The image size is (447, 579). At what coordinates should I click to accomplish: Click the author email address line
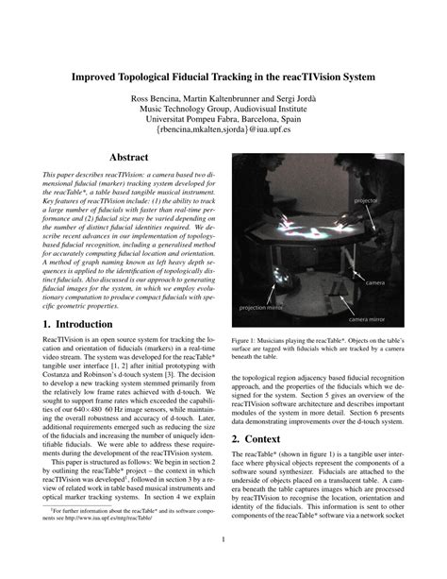point(223,131)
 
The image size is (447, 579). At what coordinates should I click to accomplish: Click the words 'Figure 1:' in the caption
point(244,339)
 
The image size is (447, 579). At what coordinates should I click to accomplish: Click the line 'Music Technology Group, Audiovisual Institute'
point(223,109)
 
